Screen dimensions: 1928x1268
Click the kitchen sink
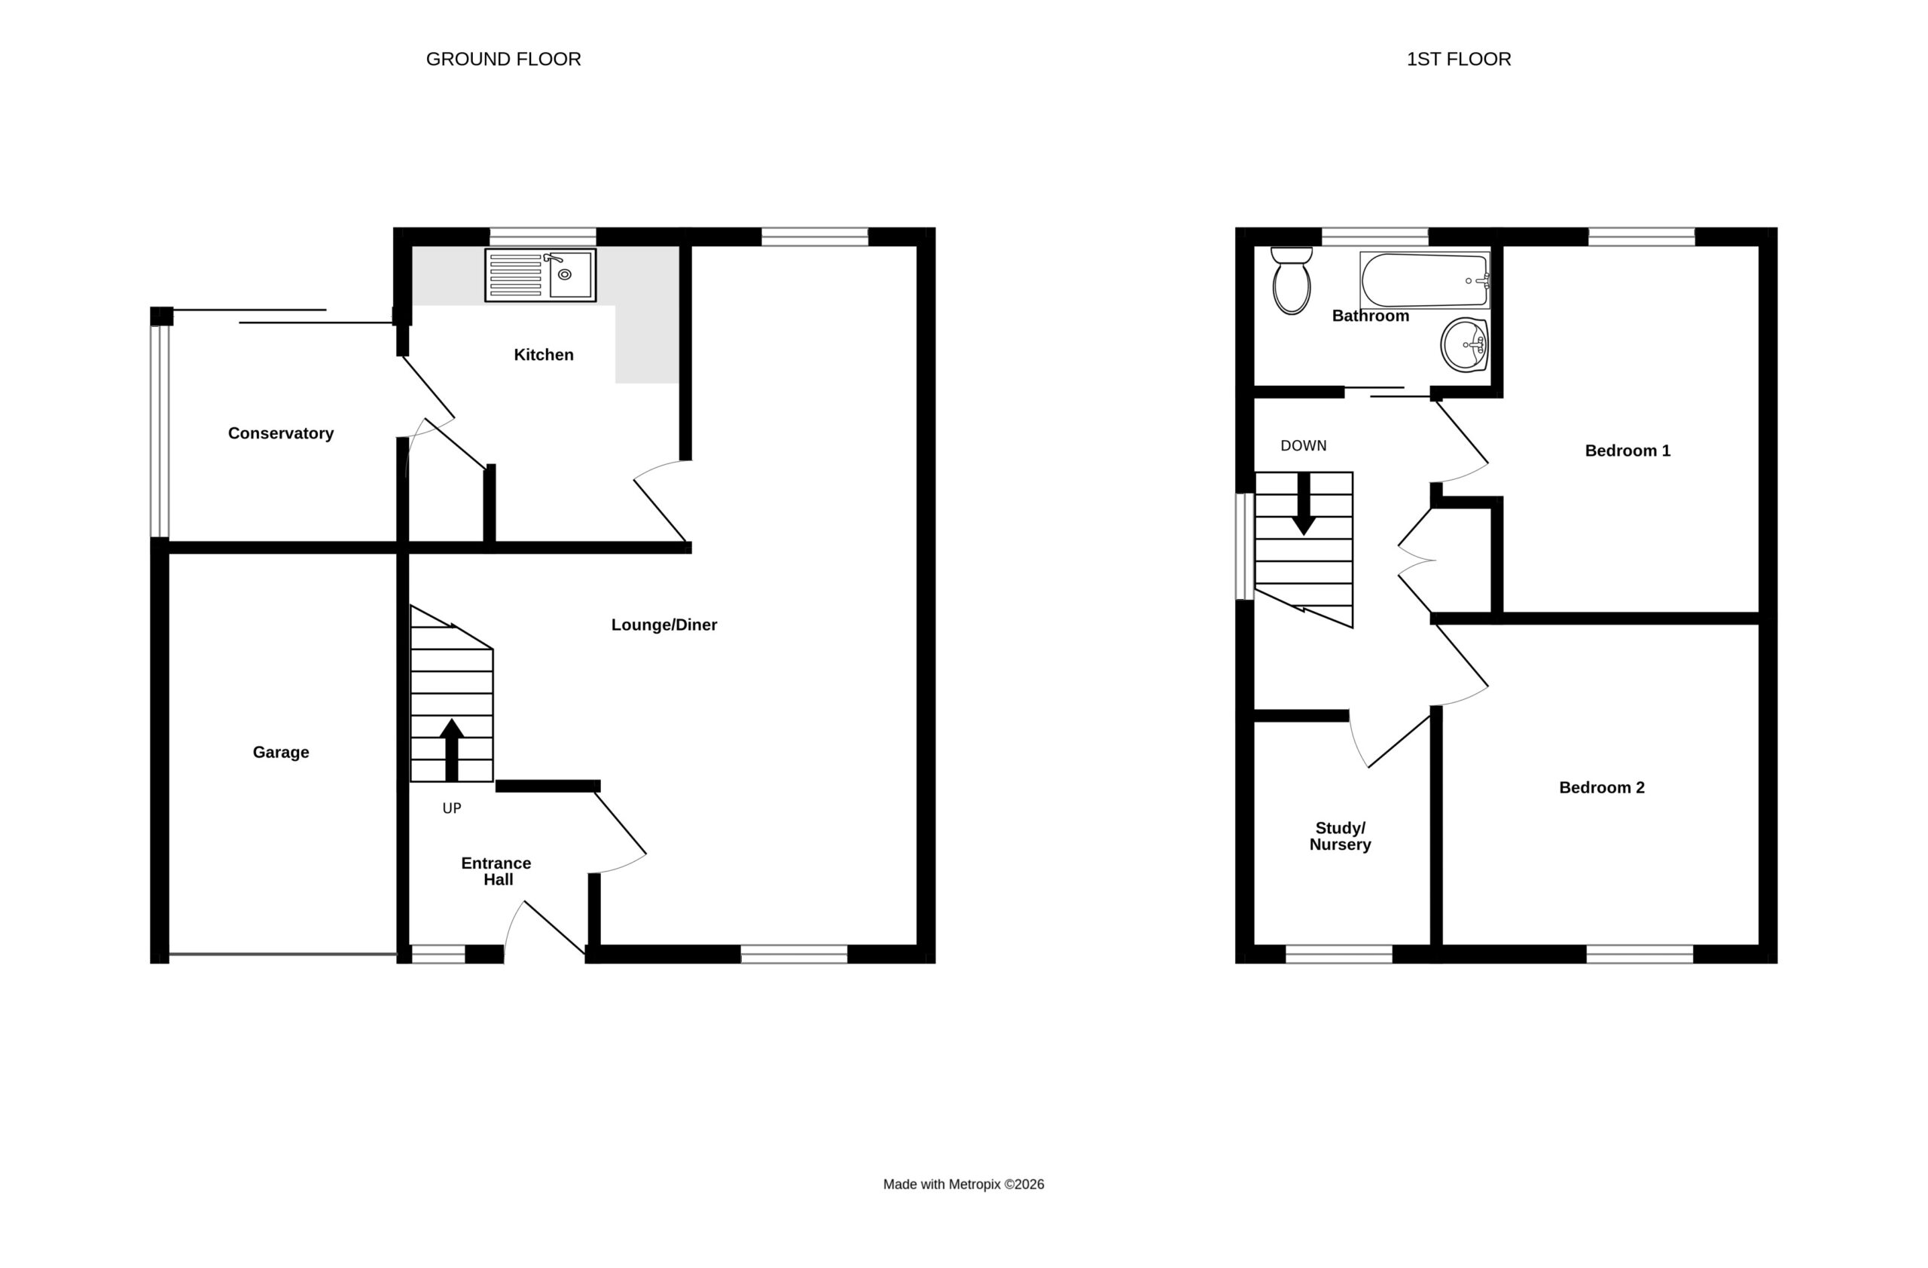pyautogui.click(x=540, y=275)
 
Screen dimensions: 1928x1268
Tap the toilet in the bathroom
pyautogui.click(x=1292, y=280)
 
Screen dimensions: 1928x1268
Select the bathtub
pyautogui.click(x=1425, y=280)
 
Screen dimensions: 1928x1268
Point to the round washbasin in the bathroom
pyautogui.click(x=1465, y=344)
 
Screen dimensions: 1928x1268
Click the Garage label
pyautogui.click(x=280, y=752)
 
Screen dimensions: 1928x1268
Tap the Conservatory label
pyautogui.click(x=280, y=433)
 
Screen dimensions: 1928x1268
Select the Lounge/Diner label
pyautogui.click(x=664, y=625)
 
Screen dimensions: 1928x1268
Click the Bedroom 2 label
pyautogui.click(x=1602, y=787)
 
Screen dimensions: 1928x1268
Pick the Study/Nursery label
pyautogui.click(x=1340, y=836)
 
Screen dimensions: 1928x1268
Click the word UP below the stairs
pyautogui.click(x=452, y=808)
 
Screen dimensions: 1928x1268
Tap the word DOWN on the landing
pyautogui.click(x=1304, y=445)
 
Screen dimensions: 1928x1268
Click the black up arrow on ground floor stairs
pyautogui.click(x=452, y=750)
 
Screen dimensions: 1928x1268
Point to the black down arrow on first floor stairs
pyautogui.click(x=1304, y=503)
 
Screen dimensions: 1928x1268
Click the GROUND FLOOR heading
pyautogui.click(x=503, y=60)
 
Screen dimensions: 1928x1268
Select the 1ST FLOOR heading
pyautogui.click(x=1458, y=60)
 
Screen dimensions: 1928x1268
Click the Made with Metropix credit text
pyautogui.click(x=963, y=1184)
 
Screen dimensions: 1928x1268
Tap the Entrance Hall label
pyautogui.click(x=496, y=871)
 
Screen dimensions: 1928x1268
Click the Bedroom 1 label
pyautogui.click(x=1628, y=451)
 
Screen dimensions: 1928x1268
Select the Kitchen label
pyautogui.click(x=544, y=355)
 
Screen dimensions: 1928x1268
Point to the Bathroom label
pyautogui.click(x=1371, y=316)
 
